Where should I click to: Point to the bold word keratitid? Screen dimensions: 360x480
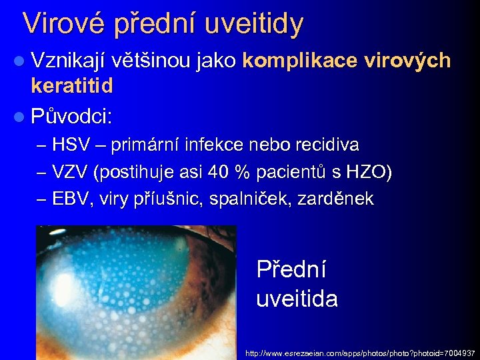point(72,86)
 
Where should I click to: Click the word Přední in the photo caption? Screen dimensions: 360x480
point(292,270)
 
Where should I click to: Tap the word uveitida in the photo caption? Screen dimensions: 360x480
point(297,298)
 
